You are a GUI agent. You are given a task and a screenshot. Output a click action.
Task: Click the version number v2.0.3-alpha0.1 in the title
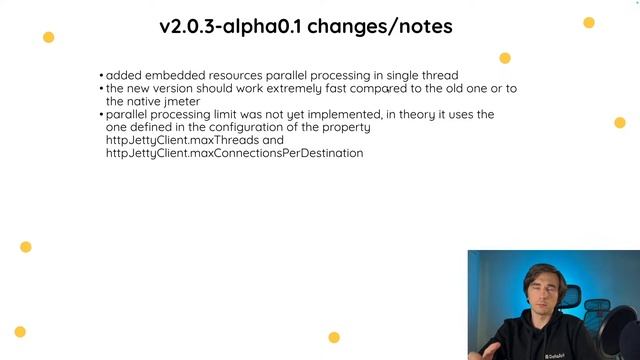pos(231,26)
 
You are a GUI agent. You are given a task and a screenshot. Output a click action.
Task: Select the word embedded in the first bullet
pos(175,75)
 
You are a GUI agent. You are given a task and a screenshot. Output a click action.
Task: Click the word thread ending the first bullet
pos(440,75)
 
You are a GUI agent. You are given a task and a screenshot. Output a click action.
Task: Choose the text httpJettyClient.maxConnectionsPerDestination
pos(234,153)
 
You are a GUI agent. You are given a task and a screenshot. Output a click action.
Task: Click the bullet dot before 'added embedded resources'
pos(101,76)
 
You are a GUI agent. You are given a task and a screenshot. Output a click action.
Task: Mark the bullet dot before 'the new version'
pos(101,89)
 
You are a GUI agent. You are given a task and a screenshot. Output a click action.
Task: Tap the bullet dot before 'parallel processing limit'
pos(101,115)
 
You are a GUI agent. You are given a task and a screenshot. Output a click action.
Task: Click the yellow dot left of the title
pos(48,37)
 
